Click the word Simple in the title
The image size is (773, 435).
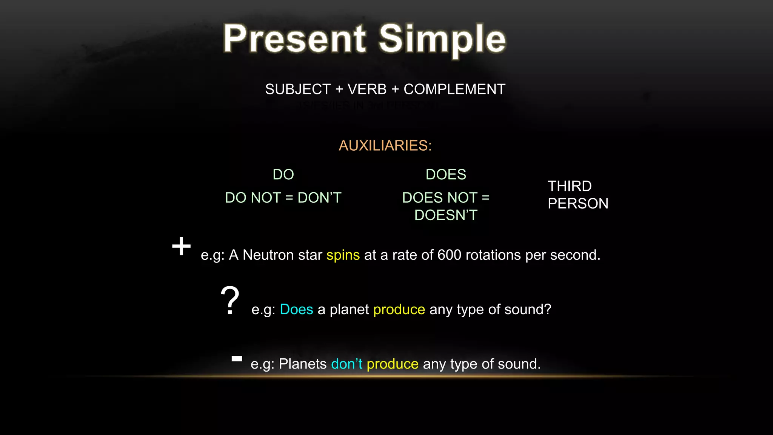pyautogui.click(x=442, y=39)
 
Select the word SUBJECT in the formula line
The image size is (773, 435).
pyautogui.click(x=298, y=89)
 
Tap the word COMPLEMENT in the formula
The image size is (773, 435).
pyautogui.click(x=454, y=89)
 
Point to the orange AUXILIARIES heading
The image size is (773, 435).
pyautogui.click(x=385, y=146)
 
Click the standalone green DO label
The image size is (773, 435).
pyautogui.click(x=283, y=174)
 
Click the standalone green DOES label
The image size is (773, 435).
pyautogui.click(x=446, y=174)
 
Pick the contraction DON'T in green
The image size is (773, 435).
pyautogui.click(x=319, y=198)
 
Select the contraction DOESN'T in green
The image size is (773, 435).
pyautogui.click(x=446, y=215)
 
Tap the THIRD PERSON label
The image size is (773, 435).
pyautogui.click(x=577, y=195)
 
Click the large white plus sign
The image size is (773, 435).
pyautogui.click(x=181, y=246)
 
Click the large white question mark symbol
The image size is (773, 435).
pyautogui.click(x=229, y=300)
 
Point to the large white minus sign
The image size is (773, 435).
pyautogui.click(x=237, y=359)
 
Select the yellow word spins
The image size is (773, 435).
pyautogui.click(x=343, y=255)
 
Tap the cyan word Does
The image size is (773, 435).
pyautogui.click(x=296, y=310)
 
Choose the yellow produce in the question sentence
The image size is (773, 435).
pyautogui.click(x=399, y=310)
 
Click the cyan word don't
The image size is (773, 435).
pyautogui.click(x=346, y=364)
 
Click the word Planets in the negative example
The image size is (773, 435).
pyautogui.click(x=303, y=364)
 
